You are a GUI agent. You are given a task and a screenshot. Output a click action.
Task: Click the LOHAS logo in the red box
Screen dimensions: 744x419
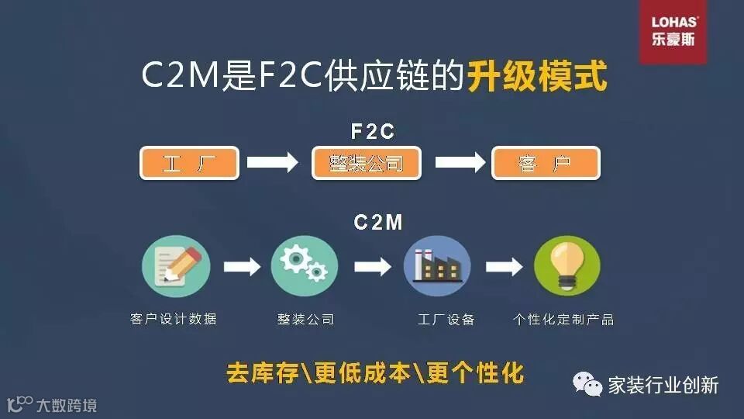[x=673, y=32]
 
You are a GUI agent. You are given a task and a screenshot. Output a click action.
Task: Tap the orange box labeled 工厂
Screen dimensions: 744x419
[x=188, y=164]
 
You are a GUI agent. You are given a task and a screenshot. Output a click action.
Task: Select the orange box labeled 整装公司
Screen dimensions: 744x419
[x=367, y=164]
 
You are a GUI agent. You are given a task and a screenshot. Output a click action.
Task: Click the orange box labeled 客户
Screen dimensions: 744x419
[x=546, y=164]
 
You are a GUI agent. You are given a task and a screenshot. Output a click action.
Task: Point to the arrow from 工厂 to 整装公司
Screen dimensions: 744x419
[x=272, y=163]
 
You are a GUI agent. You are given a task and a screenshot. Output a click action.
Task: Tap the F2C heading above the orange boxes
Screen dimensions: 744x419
[x=374, y=132]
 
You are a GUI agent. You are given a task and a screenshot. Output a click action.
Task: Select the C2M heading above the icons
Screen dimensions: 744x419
[x=378, y=223]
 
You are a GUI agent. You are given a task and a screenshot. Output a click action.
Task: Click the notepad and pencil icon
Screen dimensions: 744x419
[x=175, y=267]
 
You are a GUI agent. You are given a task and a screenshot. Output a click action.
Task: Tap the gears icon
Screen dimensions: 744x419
[x=305, y=267]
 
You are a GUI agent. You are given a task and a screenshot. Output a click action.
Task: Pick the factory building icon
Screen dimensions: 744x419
[x=437, y=267]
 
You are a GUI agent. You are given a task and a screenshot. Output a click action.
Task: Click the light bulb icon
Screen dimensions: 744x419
[x=567, y=267]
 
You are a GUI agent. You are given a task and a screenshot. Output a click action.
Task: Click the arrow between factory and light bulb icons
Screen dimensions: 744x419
[x=505, y=267]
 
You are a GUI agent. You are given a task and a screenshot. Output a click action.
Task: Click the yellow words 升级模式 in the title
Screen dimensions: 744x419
[x=536, y=78]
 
